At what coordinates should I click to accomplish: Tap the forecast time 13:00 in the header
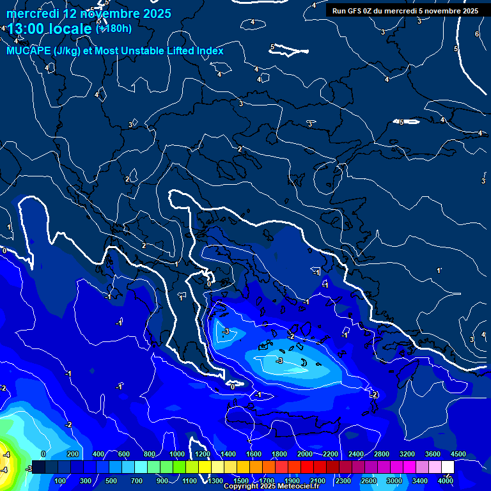[x=28, y=29]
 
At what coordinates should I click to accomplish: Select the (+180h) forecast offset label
[x=114, y=28]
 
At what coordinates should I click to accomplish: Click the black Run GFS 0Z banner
[x=405, y=11]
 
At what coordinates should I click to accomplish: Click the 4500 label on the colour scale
[x=458, y=454]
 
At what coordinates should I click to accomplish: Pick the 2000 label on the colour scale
[x=305, y=454]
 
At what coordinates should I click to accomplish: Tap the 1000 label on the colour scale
[x=177, y=454]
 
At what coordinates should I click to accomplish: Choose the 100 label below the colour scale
[x=61, y=481]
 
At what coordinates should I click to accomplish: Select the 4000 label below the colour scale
[x=446, y=481]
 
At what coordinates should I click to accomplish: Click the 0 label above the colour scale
[x=43, y=454]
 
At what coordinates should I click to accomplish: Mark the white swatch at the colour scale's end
[x=448, y=467]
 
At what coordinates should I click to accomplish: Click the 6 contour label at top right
[x=477, y=35]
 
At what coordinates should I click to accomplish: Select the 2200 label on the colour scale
[x=331, y=454]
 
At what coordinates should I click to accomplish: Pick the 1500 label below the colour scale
[x=241, y=481]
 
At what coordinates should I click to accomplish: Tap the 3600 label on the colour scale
[x=433, y=454]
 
